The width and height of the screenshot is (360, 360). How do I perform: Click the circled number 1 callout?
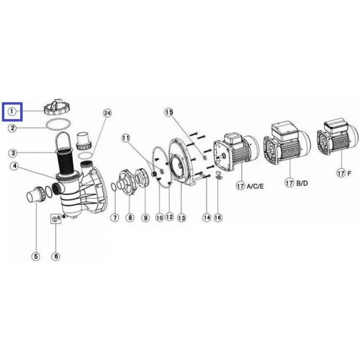12,112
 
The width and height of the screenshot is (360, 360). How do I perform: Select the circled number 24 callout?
107,113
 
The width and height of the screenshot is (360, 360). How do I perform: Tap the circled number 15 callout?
169,112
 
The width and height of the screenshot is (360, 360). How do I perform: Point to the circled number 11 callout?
125,138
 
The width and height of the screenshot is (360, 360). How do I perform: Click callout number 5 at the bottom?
36,256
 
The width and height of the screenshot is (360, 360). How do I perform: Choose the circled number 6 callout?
56,256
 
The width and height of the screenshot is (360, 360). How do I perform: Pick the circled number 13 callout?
181,218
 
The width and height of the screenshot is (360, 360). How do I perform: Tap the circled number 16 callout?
218,217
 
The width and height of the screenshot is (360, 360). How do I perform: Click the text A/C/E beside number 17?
255,186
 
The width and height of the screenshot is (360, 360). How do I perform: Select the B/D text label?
302,183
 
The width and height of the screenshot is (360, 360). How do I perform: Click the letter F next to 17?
349,173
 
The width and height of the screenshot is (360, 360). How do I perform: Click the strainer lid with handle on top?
57,107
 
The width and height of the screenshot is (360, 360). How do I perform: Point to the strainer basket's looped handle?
64,140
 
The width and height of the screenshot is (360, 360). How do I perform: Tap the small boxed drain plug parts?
56,219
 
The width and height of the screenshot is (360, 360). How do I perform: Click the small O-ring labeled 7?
114,187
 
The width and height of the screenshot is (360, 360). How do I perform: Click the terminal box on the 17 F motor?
336,125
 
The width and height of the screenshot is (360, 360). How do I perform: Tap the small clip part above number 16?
219,175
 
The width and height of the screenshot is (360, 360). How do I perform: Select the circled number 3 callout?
13,153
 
